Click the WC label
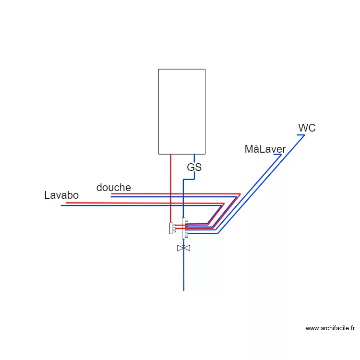[307, 128]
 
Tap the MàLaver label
[265, 149]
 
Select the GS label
[194, 168]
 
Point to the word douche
[113, 187]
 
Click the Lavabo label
[61, 195]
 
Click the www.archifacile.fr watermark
[330, 328]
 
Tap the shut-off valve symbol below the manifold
[183, 248]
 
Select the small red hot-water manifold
[171, 228]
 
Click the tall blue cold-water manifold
[184, 228]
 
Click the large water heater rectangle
[182, 111]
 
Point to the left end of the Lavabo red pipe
[66, 203]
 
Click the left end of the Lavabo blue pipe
[61, 205]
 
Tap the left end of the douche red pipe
[112, 194]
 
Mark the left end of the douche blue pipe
[111, 197]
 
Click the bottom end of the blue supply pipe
[183, 290]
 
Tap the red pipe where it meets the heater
[170, 155]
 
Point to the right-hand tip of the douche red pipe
[240, 194]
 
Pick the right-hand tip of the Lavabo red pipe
[224, 203]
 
